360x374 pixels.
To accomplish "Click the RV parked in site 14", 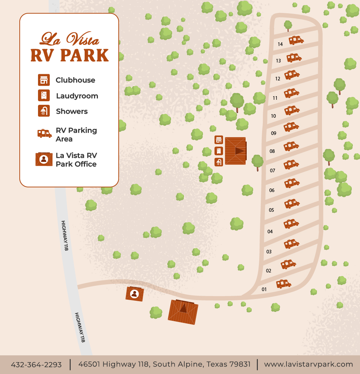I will (x=296, y=40).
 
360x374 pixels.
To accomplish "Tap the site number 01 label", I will (x=264, y=289).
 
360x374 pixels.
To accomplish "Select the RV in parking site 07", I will (x=291, y=165).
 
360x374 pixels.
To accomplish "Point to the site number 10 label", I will (x=273, y=116).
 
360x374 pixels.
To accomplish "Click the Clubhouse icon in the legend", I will (x=44, y=80).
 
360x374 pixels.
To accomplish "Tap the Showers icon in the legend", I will (x=44, y=111).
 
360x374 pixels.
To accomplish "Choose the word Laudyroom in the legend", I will (x=77, y=96).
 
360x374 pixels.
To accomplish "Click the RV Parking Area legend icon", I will (x=44, y=134).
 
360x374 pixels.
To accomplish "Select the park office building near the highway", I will (x=135, y=294).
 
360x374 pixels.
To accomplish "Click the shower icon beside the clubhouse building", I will (x=219, y=162).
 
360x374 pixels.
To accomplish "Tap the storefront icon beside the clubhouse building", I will (x=219, y=140).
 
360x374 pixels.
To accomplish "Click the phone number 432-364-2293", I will (x=36, y=365).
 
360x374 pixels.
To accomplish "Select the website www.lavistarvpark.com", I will (x=308, y=364).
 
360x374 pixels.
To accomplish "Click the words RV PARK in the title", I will (x=70, y=55).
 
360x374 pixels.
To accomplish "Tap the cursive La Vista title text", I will (x=70, y=38).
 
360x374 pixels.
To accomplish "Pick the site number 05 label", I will (x=271, y=210).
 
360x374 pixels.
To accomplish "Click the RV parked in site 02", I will (x=288, y=265).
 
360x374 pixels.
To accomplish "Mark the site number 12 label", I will (x=278, y=79).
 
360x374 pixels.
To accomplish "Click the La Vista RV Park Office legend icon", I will (x=44, y=159).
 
